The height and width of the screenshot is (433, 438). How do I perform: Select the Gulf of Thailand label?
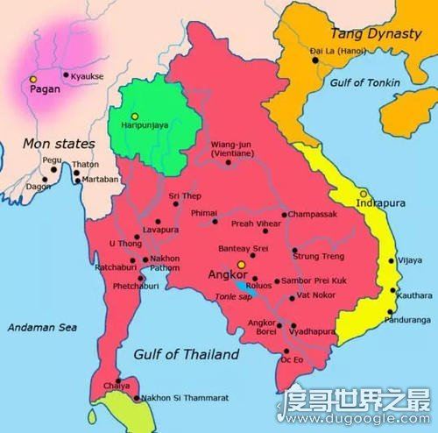(x=186, y=354)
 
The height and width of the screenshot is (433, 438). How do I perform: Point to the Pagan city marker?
(x=33, y=78)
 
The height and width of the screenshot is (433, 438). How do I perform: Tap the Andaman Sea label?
(x=41, y=326)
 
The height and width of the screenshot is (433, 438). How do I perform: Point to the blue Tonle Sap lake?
(x=241, y=285)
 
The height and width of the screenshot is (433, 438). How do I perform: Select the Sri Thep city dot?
(x=176, y=204)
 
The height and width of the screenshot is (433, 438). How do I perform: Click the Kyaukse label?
(x=88, y=76)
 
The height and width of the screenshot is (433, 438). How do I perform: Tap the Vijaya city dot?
(x=389, y=260)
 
